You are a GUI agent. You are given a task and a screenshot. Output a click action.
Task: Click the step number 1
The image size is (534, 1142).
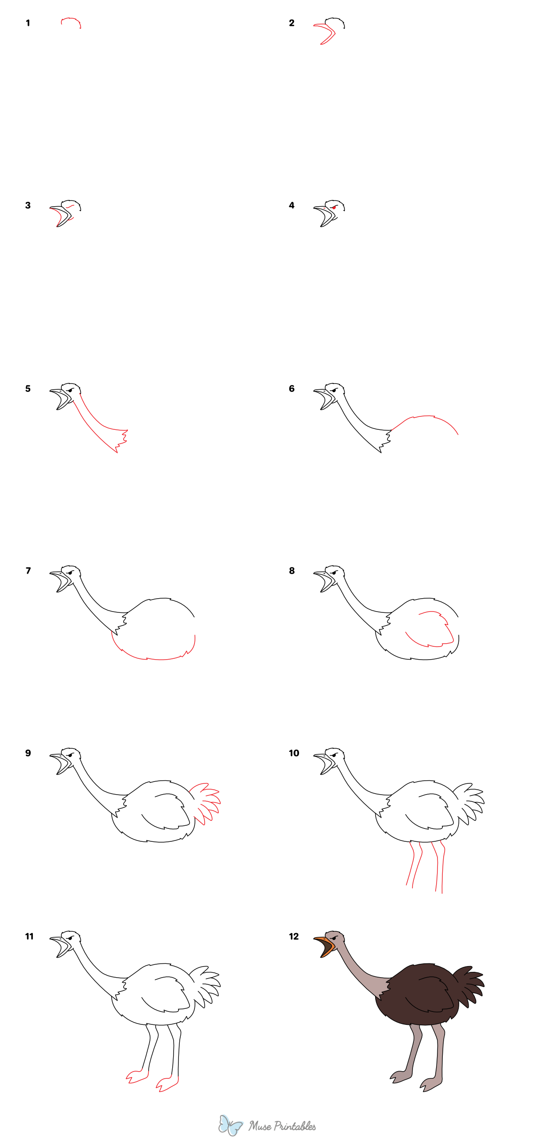[28, 23]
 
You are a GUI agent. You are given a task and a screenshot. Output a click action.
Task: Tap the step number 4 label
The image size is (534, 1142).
[291, 205]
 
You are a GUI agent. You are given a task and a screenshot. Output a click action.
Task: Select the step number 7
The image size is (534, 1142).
[28, 571]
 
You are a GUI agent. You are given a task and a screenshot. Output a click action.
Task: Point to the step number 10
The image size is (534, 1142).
[294, 753]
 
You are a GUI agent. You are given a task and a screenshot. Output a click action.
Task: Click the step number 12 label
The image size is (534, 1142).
[294, 936]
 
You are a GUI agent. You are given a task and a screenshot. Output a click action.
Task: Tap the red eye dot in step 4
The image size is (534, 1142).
[334, 208]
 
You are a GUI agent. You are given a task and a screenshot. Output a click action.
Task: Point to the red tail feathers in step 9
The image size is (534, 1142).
[206, 802]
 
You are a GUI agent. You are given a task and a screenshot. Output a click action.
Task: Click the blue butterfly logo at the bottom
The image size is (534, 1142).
[230, 1125]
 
